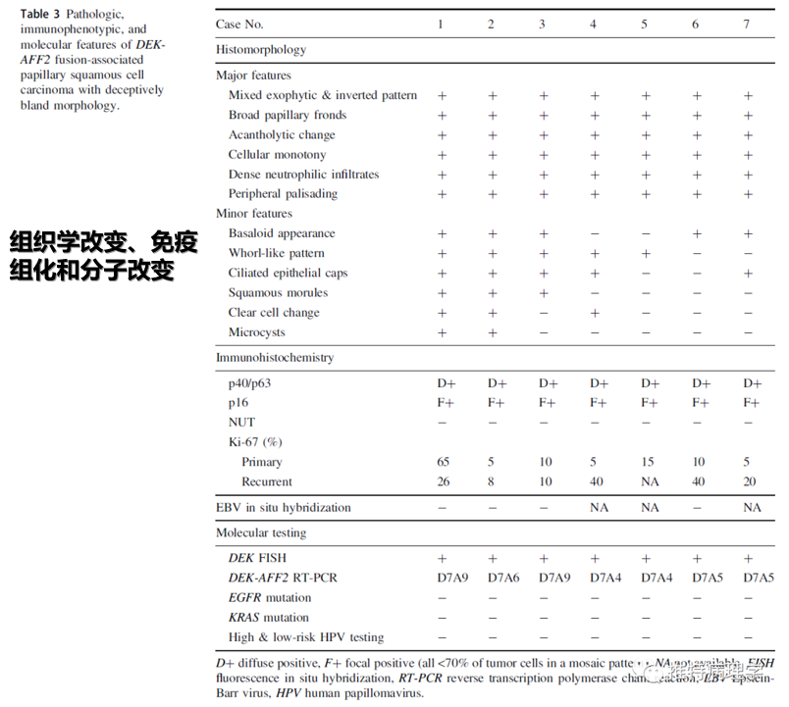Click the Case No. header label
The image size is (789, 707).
(239, 24)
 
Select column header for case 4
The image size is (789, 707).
(593, 24)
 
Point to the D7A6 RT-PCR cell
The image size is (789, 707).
(498, 578)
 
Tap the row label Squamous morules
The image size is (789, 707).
(278, 292)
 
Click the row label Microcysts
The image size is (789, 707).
(257, 332)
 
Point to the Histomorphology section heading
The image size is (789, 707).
(261, 49)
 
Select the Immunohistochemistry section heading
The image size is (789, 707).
(275, 358)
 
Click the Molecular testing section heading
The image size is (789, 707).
(261, 532)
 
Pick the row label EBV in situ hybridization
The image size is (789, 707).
(283, 508)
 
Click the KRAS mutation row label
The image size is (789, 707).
(270, 618)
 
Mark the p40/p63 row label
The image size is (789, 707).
(249, 383)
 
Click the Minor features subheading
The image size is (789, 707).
(254, 213)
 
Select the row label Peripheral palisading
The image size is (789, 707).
(283, 193)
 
